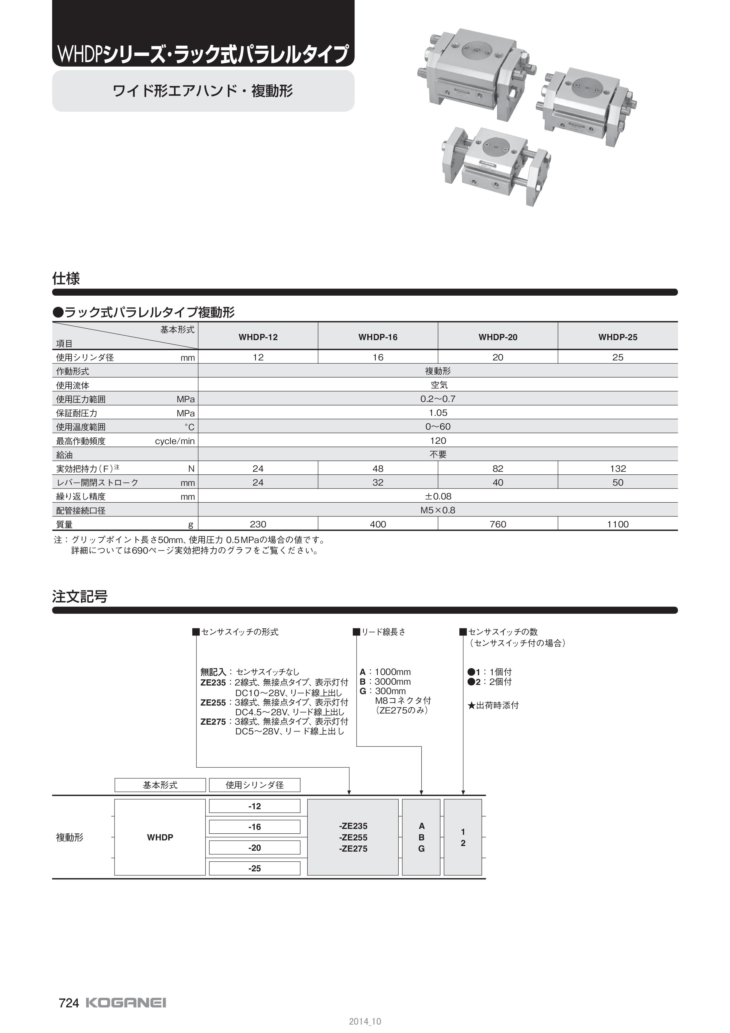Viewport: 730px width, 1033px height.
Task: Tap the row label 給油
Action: tap(64, 455)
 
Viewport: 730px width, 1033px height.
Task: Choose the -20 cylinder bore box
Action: tap(255, 848)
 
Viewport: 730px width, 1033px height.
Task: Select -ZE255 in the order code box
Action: tap(353, 837)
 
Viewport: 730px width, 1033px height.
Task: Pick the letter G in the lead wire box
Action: tap(421, 849)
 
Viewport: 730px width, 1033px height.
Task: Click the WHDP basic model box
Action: tap(160, 837)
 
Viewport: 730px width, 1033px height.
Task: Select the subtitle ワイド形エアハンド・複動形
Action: tap(203, 91)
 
